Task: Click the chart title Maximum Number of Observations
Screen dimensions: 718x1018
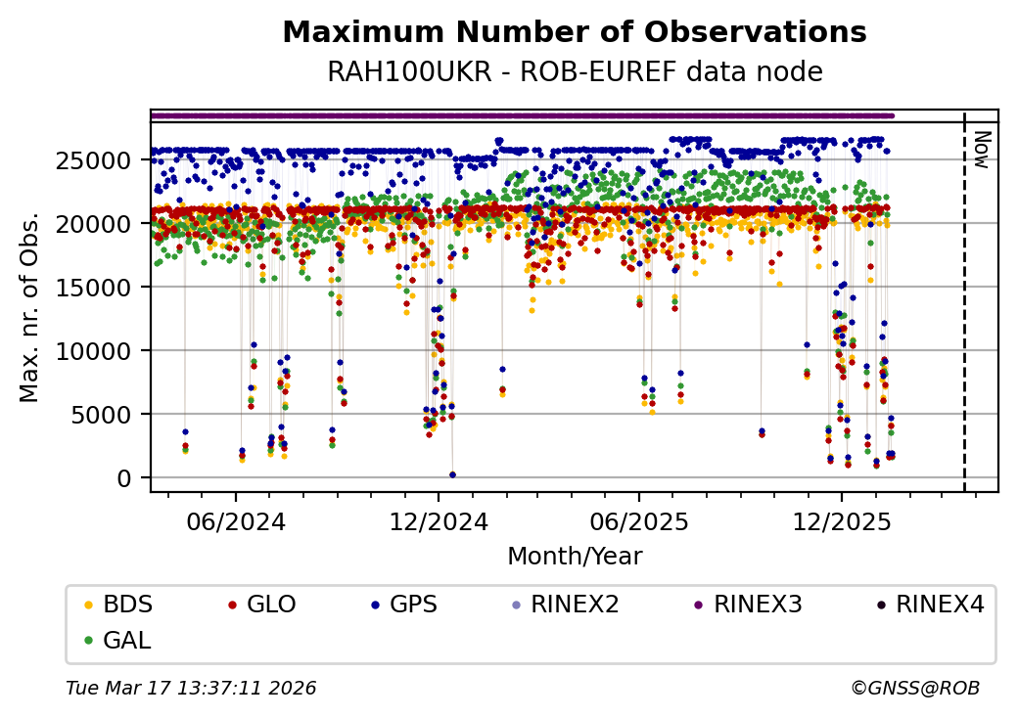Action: (x=574, y=32)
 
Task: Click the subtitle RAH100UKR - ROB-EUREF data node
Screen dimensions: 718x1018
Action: (x=574, y=71)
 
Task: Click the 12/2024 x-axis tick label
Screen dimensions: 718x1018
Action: (x=439, y=521)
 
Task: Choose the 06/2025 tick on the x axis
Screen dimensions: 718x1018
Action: (x=639, y=521)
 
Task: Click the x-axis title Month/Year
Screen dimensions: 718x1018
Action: (x=574, y=557)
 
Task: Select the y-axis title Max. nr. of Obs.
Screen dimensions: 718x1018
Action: (x=29, y=306)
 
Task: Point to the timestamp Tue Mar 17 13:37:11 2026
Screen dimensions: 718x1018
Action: (x=191, y=689)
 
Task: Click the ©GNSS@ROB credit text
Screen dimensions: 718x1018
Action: (x=915, y=689)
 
